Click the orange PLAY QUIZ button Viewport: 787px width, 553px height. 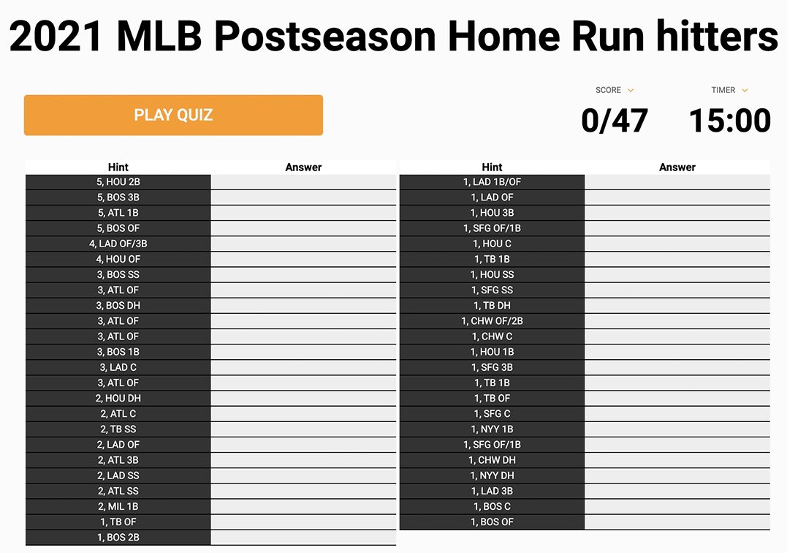(x=173, y=115)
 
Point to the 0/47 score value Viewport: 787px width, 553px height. (x=614, y=121)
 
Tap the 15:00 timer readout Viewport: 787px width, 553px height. (x=729, y=121)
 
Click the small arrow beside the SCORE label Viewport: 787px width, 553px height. (x=631, y=91)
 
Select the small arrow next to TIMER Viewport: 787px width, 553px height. (x=745, y=91)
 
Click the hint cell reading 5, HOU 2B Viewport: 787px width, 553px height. (x=118, y=182)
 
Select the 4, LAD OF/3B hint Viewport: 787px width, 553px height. (x=118, y=244)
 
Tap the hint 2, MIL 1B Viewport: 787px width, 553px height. (x=118, y=506)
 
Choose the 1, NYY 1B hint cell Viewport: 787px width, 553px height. (x=492, y=429)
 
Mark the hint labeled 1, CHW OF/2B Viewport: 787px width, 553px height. (x=492, y=321)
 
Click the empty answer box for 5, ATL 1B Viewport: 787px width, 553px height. (x=303, y=213)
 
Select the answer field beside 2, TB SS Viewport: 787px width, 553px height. (x=303, y=429)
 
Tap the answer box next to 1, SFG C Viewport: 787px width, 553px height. (x=677, y=413)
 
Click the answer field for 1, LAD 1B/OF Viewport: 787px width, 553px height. (x=677, y=182)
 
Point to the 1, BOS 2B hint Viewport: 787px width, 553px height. (x=118, y=538)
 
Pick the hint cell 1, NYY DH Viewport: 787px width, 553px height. (x=492, y=475)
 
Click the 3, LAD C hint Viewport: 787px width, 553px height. (x=118, y=367)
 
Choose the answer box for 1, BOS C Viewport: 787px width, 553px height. (x=677, y=506)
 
